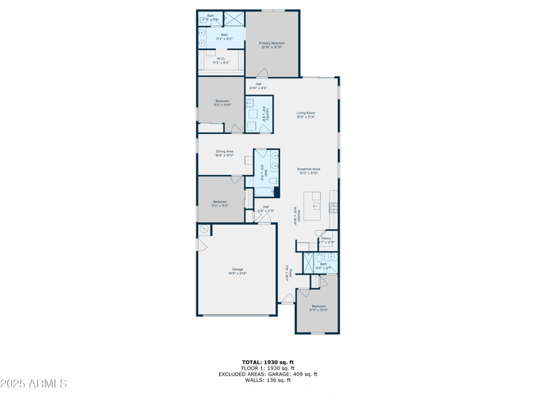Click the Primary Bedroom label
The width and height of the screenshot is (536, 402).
click(x=271, y=45)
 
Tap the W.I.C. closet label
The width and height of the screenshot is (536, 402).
click(x=221, y=60)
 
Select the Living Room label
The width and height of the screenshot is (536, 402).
click(x=306, y=115)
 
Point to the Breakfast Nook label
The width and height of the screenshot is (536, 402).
click(x=309, y=171)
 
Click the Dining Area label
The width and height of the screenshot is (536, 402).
click(x=224, y=153)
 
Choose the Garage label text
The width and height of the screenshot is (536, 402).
click(x=237, y=271)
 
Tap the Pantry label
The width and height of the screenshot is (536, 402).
click(x=326, y=240)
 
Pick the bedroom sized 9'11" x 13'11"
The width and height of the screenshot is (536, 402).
click(x=318, y=308)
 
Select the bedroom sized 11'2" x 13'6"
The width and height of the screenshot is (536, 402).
click(x=221, y=103)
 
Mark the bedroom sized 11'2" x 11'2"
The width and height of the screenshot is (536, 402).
click(x=220, y=203)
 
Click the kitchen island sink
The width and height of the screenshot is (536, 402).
click(x=316, y=206)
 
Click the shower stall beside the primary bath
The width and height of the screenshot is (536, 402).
click(x=233, y=19)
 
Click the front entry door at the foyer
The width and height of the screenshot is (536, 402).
click(x=287, y=302)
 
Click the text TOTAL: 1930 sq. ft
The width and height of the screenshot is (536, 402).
click(x=267, y=362)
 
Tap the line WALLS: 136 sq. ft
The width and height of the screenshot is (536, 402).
click(x=267, y=380)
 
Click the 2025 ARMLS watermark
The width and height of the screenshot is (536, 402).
click(x=33, y=384)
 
